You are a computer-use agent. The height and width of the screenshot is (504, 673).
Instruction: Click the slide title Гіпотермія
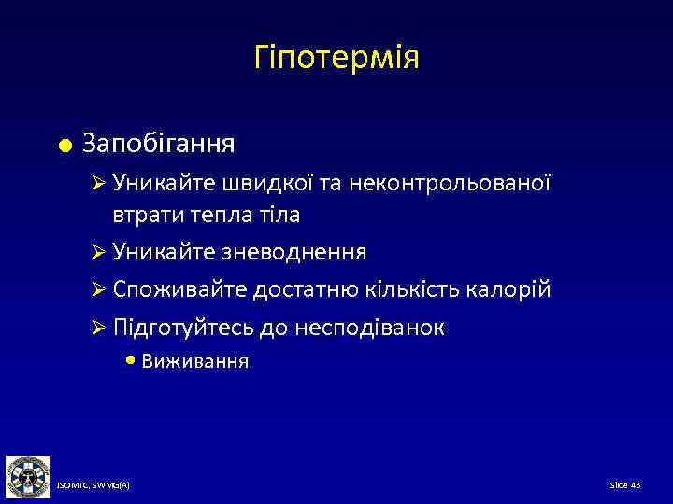pyautogui.click(x=336, y=59)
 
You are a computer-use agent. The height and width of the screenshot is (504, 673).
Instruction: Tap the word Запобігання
pyautogui.click(x=158, y=145)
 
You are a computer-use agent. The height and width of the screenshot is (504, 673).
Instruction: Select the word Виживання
pyautogui.click(x=194, y=362)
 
